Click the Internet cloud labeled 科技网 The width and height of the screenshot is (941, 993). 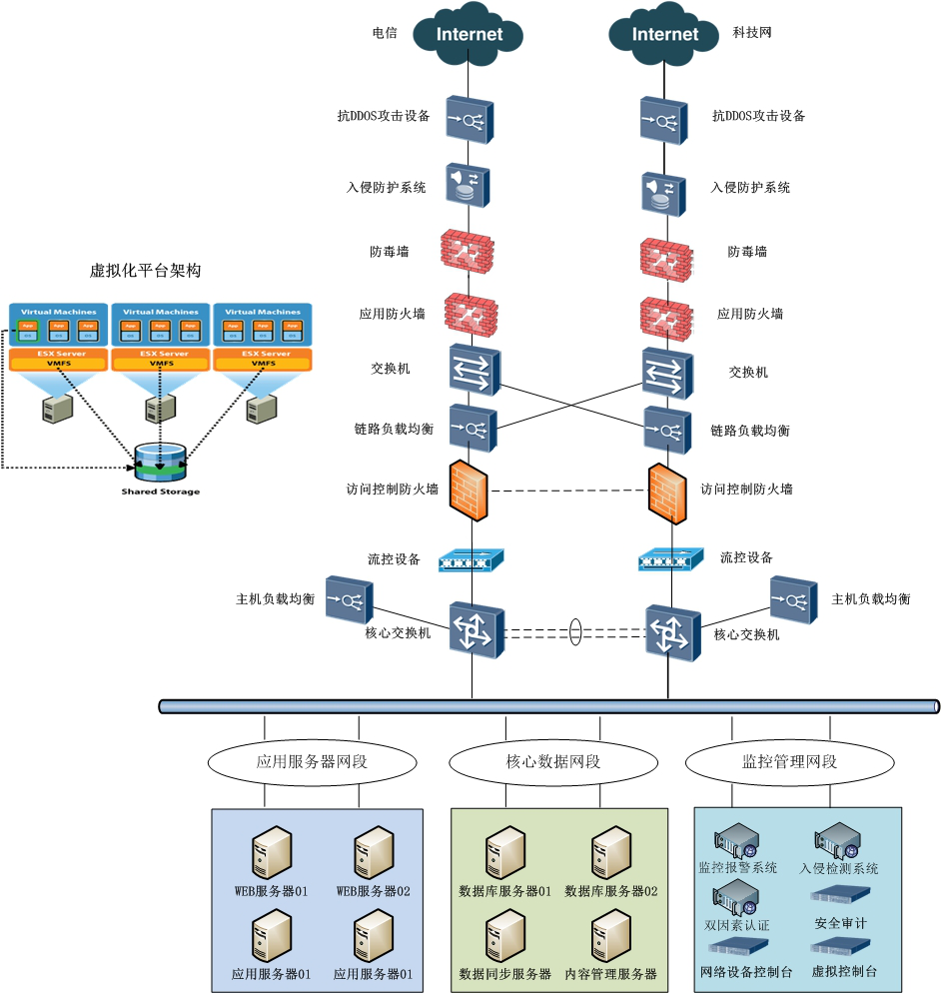click(x=665, y=33)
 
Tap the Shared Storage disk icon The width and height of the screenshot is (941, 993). click(x=160, y=461)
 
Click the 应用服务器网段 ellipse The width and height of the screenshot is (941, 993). click(x=312, y=762)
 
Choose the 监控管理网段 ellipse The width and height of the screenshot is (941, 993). click(x=789, y=762)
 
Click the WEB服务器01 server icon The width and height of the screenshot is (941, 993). click(x=271, y=852)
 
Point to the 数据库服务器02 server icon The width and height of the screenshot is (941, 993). click(x=610, y=852)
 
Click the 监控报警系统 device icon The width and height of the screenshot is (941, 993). click(x=736, y=841)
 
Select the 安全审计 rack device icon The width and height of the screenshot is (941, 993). click(x=840, y=897)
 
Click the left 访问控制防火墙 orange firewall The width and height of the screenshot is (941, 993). click(x=469, y=491)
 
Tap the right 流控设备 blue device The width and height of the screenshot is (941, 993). click(x=665, y=560)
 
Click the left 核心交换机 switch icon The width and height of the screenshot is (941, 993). click(x=473, y=630)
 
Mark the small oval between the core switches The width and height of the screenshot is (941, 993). click(x=574, y=632)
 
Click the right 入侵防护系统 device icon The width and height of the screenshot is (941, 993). click(x=662, y=191)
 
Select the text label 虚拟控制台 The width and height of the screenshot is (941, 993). click(x=844, y=971)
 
